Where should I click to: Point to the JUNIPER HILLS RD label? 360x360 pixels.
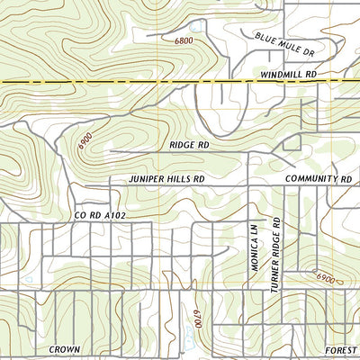click(x=166, y=179)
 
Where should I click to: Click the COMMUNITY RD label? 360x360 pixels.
click(x=318, y=179)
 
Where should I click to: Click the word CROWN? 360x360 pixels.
click(x=65, y=349)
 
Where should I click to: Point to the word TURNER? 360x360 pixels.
click(x=277, y=274)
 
